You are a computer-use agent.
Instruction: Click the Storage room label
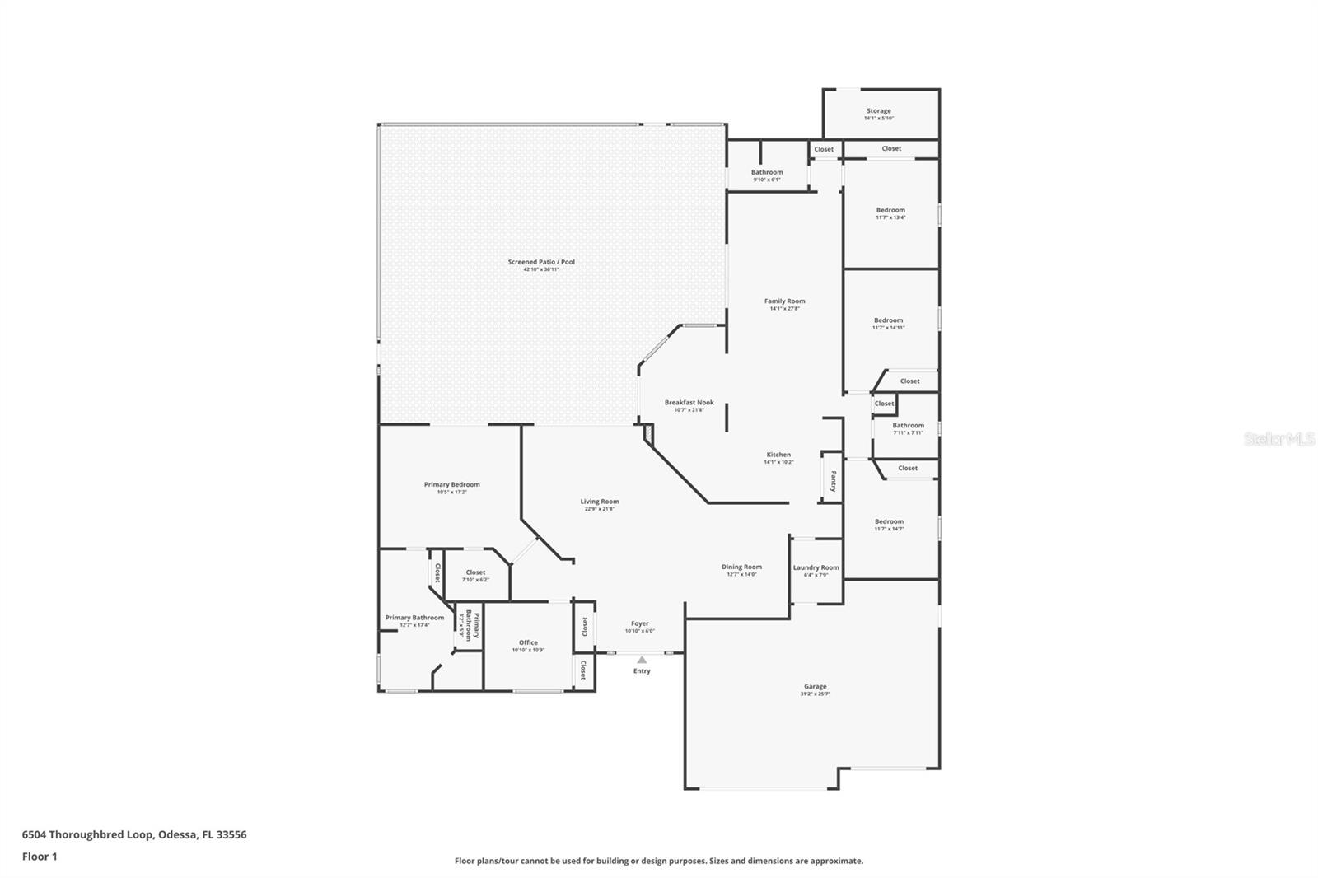click(878, 110)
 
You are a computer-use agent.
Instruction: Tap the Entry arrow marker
click(642, 660)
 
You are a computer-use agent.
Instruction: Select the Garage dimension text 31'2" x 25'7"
click(815, 694)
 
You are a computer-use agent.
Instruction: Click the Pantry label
click(833, 481)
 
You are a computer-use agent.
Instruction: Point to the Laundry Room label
click(816, 567)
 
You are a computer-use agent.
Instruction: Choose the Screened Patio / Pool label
click(541, 262)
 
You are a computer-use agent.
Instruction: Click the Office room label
click(528, 642)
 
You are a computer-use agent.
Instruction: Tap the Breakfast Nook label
click(689, 403)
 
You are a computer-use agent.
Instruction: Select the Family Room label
click(784, 301)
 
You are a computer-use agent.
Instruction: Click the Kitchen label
click(778, 455)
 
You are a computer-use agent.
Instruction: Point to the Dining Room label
click(741, 567)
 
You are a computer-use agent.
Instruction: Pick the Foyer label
click(640, 623)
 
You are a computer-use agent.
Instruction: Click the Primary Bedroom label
click(451, 484)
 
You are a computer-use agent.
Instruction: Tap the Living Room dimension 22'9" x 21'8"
click(599, 509)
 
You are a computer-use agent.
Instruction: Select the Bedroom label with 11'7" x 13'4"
click(890, 210)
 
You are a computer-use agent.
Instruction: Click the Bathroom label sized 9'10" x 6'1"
click(767, 172)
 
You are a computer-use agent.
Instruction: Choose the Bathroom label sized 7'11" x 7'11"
click(908, 426)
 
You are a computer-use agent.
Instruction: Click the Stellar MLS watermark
click(1278, 440)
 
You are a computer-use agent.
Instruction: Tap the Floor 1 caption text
click(40, 857)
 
